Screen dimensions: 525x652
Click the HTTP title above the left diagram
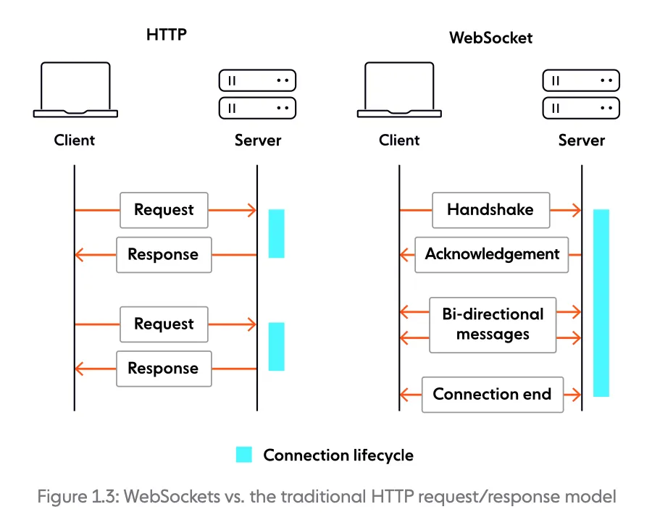[166, 34]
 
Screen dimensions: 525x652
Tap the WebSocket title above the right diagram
[490, 37]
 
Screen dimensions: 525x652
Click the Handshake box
[490, 210]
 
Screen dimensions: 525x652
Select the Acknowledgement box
[492, 254]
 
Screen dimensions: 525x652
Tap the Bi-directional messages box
[493, 324]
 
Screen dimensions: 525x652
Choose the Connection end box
[492, 395]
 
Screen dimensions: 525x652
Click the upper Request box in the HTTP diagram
[164, 210]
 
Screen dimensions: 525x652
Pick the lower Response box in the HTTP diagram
[164, 369]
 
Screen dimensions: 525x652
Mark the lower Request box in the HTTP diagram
[164, 324]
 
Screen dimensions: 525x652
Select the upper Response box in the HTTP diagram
[164, 255]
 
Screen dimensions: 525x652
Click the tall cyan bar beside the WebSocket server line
[601, 303]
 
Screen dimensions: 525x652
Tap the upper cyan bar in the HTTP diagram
[276, 233]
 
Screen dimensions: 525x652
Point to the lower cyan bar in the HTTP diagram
[276, 347]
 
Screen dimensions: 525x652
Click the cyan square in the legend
[244, 455]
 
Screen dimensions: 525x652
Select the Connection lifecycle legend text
[338, 455]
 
